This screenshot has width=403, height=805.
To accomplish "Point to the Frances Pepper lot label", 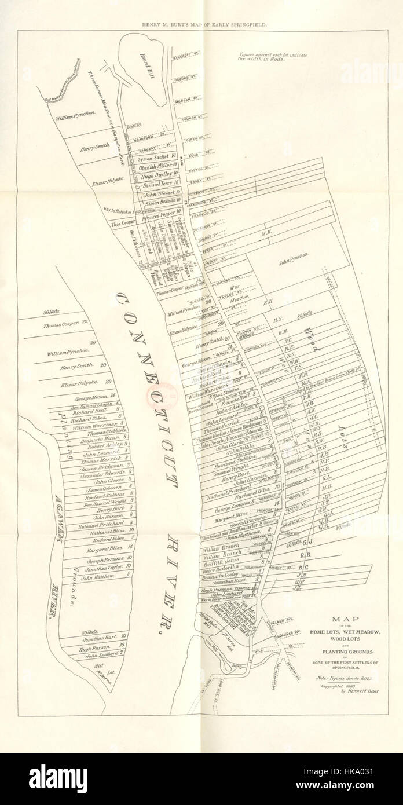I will (159, 213).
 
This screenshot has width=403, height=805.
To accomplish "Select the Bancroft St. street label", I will (185, 58).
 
